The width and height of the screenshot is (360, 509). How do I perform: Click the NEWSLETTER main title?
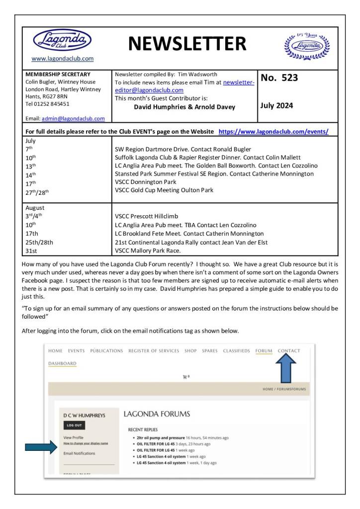tap(187, 44)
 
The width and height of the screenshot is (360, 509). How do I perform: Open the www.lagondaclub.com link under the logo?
tap(62, 59)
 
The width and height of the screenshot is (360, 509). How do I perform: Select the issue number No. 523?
tap(279, 78)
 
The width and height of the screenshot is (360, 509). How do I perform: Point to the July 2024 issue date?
tap(277, 105)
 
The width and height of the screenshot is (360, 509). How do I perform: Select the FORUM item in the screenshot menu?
tap(264, 351)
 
